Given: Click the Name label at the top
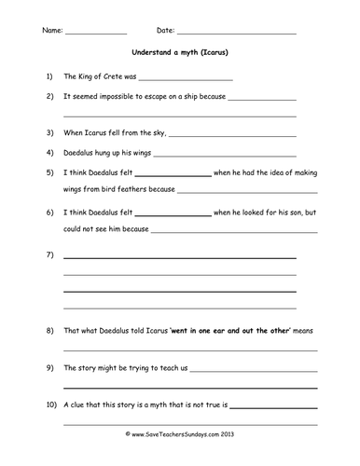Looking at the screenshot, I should (x=52, y=32).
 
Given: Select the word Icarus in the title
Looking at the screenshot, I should (x=217, y=52).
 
